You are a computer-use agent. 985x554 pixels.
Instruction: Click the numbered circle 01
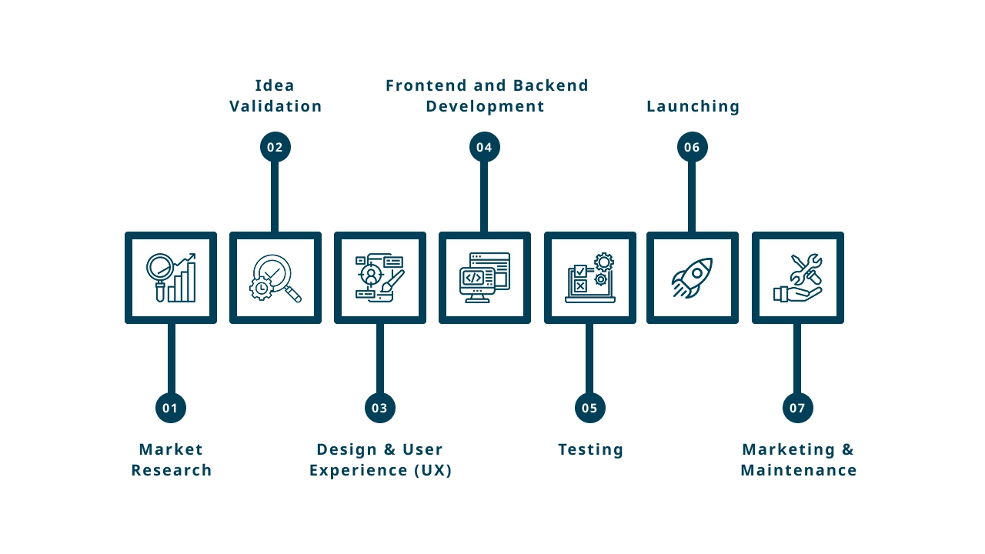click(171, 408)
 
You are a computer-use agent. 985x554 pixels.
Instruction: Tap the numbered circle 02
click(275, 147)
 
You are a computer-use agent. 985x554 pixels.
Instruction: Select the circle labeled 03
click(380, 408)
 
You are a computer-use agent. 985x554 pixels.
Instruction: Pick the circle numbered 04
click(485, 147)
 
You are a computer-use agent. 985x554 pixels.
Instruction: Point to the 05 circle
click(590, 408)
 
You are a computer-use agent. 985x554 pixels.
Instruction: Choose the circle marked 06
click(693, 147)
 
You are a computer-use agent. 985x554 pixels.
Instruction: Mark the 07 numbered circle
click(798, 408)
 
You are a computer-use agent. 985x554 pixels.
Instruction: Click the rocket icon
click(693, 278)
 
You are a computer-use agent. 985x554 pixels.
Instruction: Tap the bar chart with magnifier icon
click(171, 278)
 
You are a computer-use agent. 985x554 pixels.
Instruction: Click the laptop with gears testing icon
click(590, 278)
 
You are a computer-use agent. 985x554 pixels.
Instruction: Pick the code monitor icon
click(485, 278)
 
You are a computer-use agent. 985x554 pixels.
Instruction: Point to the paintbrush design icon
click(380, 278)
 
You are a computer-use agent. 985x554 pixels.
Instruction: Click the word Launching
click(693, 106)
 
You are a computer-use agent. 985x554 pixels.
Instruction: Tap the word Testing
click(590, 449)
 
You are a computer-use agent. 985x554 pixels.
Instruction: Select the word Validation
click(275, 106)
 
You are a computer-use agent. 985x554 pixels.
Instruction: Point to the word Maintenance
click(798, 470)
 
